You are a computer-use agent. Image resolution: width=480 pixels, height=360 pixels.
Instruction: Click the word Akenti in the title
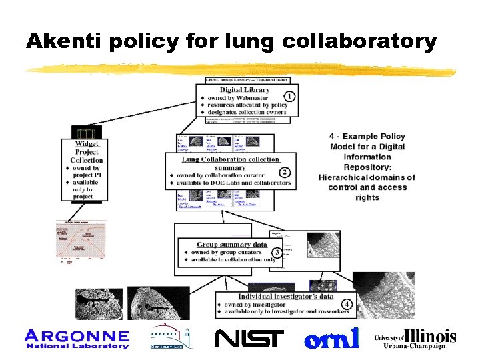59,41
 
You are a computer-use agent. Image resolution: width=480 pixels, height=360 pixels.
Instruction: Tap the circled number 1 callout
290,96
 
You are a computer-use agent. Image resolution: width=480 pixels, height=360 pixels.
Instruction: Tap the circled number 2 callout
285,173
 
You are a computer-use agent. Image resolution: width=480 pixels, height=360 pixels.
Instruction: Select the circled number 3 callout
276,251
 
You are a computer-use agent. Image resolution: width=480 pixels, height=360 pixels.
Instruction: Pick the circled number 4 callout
347,303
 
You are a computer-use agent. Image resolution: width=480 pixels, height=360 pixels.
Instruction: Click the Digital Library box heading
245,89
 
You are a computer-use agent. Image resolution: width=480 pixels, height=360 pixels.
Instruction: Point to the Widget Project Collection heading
87,151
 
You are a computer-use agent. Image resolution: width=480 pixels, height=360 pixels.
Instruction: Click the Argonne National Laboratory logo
77,339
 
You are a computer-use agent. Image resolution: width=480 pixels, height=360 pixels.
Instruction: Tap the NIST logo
249,339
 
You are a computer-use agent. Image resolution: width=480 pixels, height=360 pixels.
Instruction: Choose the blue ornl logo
331,338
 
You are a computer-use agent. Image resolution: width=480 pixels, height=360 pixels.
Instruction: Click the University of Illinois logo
415,338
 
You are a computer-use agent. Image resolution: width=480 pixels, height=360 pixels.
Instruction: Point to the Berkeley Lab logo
169,337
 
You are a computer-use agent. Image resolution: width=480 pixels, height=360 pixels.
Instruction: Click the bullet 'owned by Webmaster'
239,98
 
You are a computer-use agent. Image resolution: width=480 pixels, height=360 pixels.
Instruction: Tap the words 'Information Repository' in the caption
367,162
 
